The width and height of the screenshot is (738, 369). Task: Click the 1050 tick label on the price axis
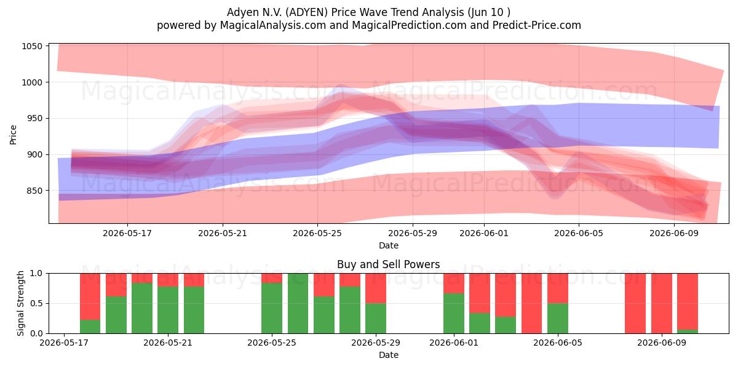(x=32, y=47)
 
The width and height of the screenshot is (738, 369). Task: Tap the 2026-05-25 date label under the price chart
(x=317, y=233)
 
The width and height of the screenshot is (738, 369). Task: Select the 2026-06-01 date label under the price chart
(x=484, y=233)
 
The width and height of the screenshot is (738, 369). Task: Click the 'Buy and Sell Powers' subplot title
(x=389, y=264)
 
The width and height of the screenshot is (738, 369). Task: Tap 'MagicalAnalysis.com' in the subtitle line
(x=273, y=25)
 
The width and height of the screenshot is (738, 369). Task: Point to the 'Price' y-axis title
(x=13, y=135)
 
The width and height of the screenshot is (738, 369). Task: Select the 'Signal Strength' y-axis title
(x=20, y=303)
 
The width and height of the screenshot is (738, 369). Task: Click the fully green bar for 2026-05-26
(x=298, y=303)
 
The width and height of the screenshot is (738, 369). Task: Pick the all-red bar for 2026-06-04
(x=531, y=303)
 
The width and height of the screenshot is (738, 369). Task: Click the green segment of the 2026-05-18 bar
(x=90, y=327)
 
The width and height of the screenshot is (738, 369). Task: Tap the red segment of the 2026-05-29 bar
(x=376, y=288)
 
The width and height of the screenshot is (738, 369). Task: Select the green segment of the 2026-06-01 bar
(x=454, y=313)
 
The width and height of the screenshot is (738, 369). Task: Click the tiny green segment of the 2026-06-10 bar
(x=688, y=331)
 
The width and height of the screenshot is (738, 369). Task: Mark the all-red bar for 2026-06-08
(x=635, y=303)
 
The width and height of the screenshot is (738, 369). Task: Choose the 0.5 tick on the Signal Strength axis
(x=36, y=303)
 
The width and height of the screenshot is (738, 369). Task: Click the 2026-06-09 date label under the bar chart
(x=662, y=343)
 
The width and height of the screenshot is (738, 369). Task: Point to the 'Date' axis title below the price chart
(x=389, y=245)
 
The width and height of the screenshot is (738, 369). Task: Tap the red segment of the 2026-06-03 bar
(x=506, y=295)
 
